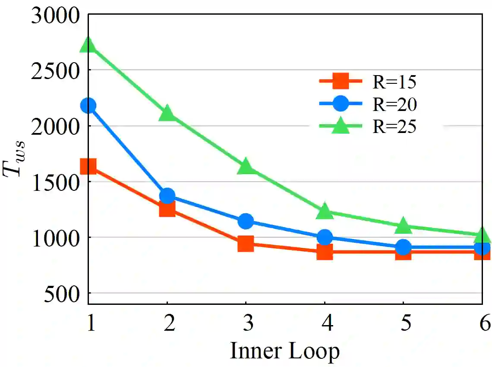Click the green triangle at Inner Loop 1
pyautogui.click(x=88, y=44)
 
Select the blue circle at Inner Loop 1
pyautogui.click(x=88, y=105)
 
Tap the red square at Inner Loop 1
pyautogui.click(x=88, y=166)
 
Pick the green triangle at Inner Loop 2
pyautogui.click(x=167, y=113)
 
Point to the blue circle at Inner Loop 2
pyautogui.click(x=167, y=196)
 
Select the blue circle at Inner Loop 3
pyautogui.click(x=246, y=221)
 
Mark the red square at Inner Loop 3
pyautogui.click(x=246, y=244)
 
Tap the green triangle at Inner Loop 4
pyautogui.click(x=325, y=211)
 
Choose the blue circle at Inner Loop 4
pyautogui.click(x=325, y=237)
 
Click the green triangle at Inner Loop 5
pyautogui.click(x=403, y=225)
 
